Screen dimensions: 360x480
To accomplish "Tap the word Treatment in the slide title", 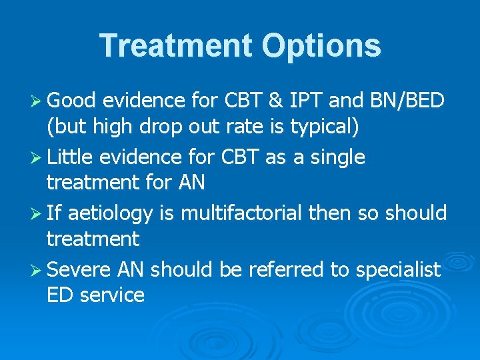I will [x=175, y=46].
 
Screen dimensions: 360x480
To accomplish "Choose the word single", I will [x=333, y=157].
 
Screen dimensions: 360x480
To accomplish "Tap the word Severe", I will [x=79, y=270].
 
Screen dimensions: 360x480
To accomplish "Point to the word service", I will [x=112, y=295].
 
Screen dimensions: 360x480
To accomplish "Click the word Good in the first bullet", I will [x=72, y=101].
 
